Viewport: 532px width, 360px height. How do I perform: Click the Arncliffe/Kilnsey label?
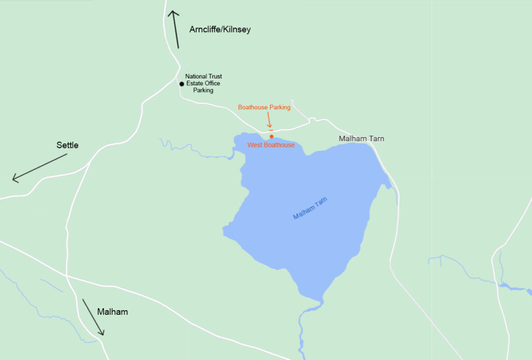point(220,30)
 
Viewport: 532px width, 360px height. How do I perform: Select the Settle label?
point(68,145)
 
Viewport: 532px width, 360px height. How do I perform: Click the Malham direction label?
point(112,312)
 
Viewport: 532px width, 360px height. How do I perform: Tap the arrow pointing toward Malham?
point(94,317)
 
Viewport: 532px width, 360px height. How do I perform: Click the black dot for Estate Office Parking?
point(181,84)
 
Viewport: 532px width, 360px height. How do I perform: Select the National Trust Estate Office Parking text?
point(203,83)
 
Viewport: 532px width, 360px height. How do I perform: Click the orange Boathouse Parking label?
point(264,108)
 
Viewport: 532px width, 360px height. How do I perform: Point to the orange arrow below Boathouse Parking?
point(269,121)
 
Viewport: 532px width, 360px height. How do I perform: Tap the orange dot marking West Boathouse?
point(271,137)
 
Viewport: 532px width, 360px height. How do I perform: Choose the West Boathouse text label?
point(271,145)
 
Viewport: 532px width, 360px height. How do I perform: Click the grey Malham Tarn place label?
point(361,139)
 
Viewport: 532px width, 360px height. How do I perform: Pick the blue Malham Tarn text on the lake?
point(311,208)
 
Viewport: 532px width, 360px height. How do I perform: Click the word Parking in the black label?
point(203,90)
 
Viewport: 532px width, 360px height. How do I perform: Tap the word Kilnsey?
point(237,30)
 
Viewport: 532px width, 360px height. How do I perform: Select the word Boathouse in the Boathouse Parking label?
point(253,108)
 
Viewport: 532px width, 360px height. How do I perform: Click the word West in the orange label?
point(254,145)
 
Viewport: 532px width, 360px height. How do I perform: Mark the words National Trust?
point(203,76)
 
